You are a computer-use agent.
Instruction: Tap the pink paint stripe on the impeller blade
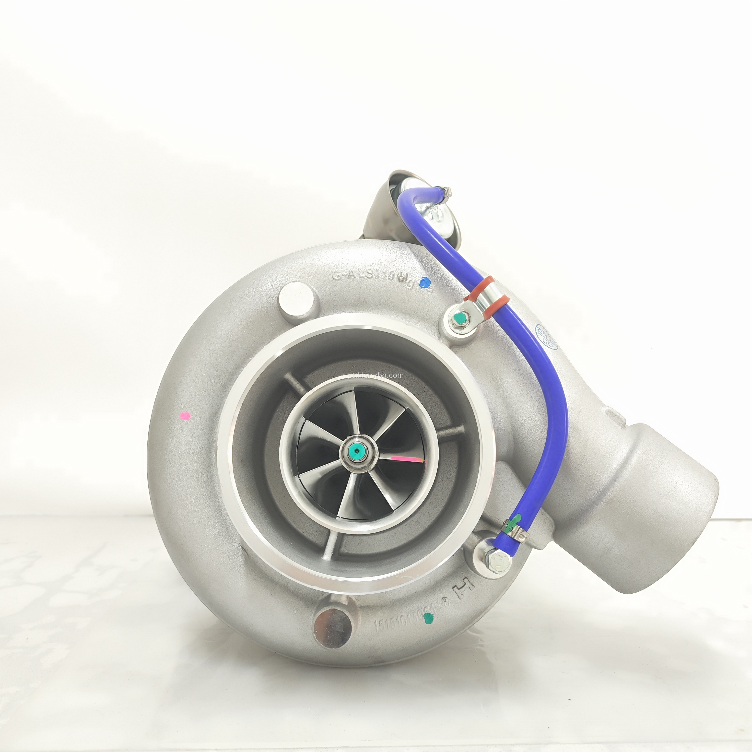(x=407, y=460)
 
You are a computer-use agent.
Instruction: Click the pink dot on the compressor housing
(x=186, y=416)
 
